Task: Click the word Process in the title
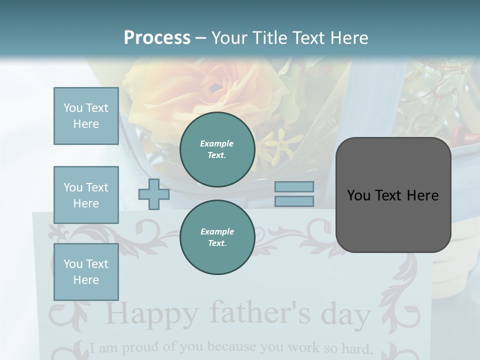(x=157, y=37)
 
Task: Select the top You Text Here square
(x=86, y=116)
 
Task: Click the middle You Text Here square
(x=86, y=195)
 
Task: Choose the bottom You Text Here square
(x=86, y=272)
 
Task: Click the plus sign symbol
(x=153, y=194)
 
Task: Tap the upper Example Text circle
(x=217, y=149)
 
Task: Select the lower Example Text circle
(x=217, y=237)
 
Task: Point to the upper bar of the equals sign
(x=294, y=187)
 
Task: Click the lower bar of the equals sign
(x=294, y=201)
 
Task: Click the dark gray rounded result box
(x=393, y=195)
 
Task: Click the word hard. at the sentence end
(x=356, y=347)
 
